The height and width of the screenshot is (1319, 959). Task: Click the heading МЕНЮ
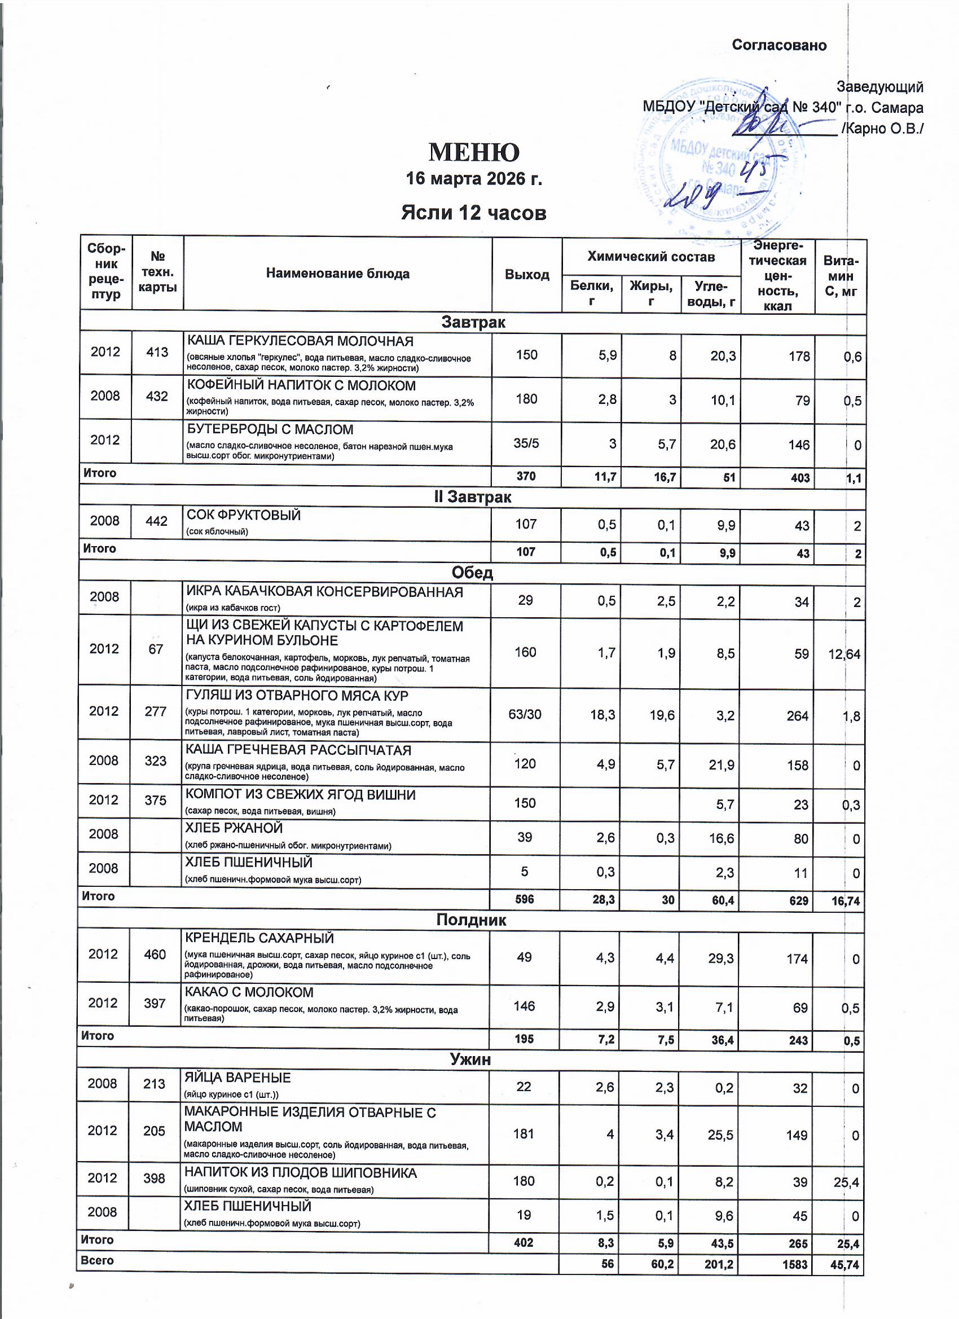click(473, 152)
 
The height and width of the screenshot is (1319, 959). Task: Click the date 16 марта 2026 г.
click(473, 178)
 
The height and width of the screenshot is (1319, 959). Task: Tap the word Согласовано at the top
click(778, 45)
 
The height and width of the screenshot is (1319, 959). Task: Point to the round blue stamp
click(715, 163)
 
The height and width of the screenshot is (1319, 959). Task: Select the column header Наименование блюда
click(337, 274)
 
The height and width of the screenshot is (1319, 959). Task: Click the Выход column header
click(527, 275)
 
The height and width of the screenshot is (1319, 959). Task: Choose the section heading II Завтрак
click(472, 497)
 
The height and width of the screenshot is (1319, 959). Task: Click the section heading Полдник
click(471, 920)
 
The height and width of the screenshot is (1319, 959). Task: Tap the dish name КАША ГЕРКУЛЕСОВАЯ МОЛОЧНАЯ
click(300, 341)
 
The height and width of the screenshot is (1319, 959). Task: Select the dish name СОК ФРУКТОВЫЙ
click(243, 515)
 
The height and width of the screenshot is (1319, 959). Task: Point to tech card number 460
click(155, 955)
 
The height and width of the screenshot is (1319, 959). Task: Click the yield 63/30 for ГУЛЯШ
click(525, 714)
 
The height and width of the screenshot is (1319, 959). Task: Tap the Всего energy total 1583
click(794, 1264)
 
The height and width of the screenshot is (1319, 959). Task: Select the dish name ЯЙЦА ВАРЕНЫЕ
click(237, 1078)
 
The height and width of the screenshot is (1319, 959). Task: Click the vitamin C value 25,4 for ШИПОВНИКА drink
click(847, 1182)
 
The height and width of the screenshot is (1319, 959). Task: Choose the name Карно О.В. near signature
click(884, 129)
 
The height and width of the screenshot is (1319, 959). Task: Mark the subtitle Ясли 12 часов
click(473, 213)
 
